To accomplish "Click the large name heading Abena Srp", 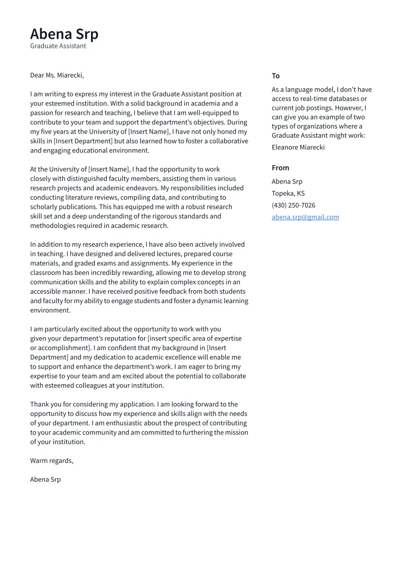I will tap(64, 34).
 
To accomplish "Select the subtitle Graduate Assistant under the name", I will tap(58, 46).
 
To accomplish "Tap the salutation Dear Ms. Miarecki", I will tap(57, 75).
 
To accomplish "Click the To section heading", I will tap(275, 76).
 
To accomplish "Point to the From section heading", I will tap(280, 168).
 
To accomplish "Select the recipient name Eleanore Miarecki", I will tap(298, 147).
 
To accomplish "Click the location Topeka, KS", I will tap(288, 193).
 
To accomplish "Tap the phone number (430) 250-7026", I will tap(293, 205).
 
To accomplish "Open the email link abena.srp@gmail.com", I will tap(305, 217).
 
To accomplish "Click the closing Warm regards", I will tap(52, 460).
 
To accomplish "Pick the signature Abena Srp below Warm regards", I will tap(46, 479).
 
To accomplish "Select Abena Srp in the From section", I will tap(287, 181).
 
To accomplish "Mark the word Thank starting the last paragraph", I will tap(40, 404).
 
